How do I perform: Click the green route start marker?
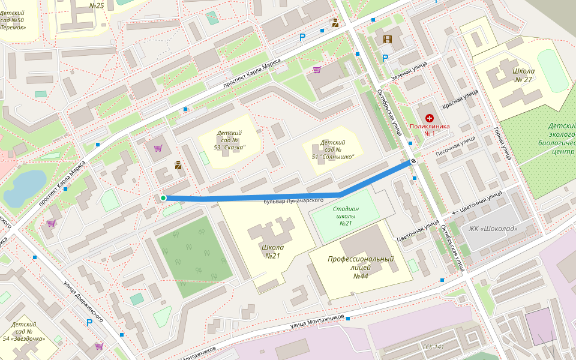[163, 198]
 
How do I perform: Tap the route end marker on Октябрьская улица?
[414, 162]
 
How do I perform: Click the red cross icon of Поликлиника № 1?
[430, 119]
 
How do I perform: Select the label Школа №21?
[273, 251]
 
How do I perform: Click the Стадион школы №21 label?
[346, 216]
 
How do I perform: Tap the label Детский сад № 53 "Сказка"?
[229, 140]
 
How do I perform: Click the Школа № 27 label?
[523, 75]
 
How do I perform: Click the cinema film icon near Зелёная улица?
[387, 40]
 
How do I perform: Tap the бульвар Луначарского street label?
[293, 200]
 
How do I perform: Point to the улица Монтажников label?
[317, 321]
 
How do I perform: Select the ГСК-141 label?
[433, 347]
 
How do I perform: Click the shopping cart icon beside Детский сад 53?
[158, 148]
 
